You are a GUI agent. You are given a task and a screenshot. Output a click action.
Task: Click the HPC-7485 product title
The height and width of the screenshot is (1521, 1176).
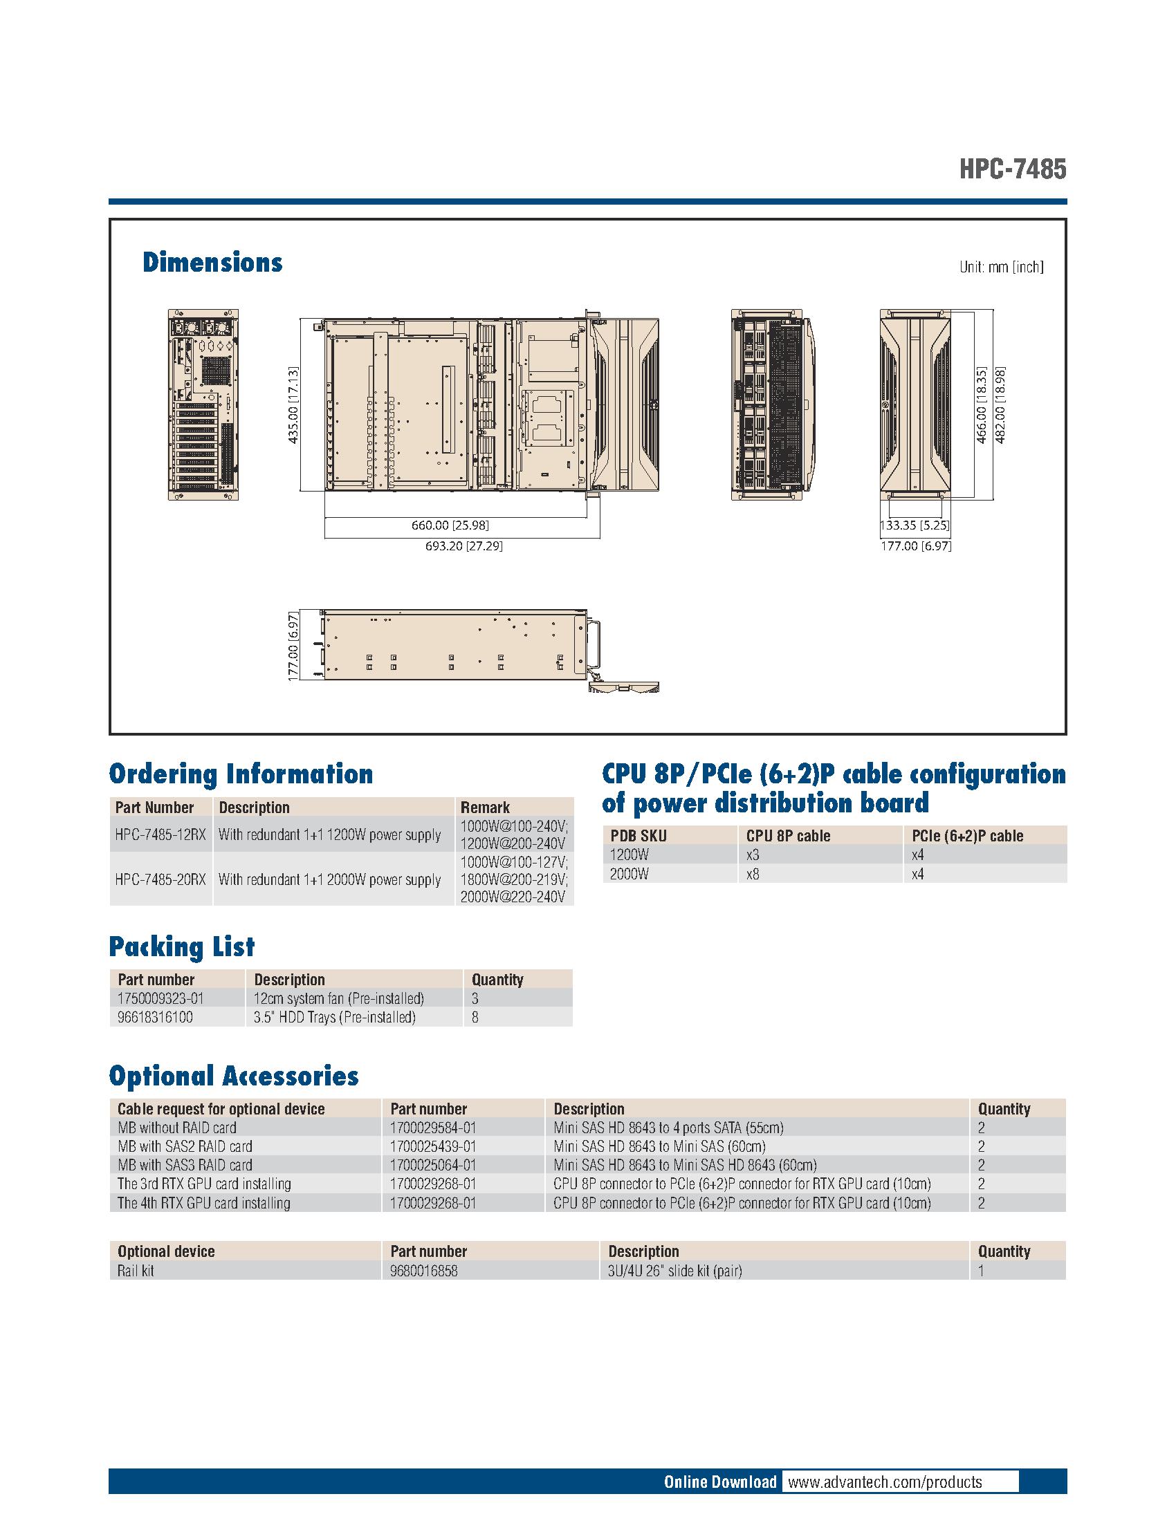(1011, 169)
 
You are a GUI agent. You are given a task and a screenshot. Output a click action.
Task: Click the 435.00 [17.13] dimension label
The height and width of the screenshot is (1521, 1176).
(294, 404)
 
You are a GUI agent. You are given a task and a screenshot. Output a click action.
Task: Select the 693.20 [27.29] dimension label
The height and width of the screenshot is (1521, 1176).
(463, 546)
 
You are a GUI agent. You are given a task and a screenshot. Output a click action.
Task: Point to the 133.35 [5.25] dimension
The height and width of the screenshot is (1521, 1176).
(915, 526)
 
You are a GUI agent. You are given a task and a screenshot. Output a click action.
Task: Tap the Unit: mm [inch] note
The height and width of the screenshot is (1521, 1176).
(1000, 267)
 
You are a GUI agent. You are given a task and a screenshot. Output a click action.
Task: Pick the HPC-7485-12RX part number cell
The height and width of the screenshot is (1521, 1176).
(160, 834)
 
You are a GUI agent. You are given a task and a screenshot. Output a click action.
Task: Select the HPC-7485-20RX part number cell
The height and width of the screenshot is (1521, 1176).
(160, 879)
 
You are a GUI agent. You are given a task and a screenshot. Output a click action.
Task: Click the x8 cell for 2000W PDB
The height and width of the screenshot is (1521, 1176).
(753, 874)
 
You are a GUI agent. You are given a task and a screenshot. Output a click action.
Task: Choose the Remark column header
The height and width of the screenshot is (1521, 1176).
(485, 807)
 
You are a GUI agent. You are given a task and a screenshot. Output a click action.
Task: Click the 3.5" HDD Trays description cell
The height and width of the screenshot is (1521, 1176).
(334, 1017)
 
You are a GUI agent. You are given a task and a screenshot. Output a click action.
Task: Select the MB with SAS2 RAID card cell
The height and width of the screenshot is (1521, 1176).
(185, 1146)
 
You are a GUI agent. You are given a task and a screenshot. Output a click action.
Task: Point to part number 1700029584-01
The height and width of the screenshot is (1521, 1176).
(433, 1128)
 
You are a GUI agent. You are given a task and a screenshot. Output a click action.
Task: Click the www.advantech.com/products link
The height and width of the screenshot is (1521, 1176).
(884, 1482)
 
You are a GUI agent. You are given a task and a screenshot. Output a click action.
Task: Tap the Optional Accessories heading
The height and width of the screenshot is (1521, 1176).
(233, 1076)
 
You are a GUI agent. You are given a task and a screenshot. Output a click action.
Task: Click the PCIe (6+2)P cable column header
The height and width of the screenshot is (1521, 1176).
(967, 836)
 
